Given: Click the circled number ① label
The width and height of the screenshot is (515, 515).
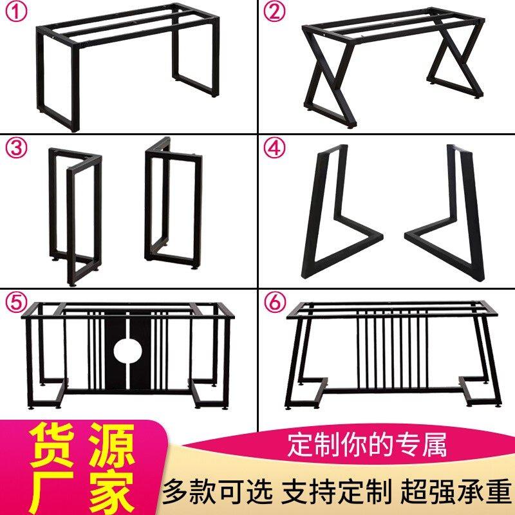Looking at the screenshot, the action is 15,12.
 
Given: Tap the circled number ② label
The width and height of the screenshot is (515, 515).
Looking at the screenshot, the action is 274,12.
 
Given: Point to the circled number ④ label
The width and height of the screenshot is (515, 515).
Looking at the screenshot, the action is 274,149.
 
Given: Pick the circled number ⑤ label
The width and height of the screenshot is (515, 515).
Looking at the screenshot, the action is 15,301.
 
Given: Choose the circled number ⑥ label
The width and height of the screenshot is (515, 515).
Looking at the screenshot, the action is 274,301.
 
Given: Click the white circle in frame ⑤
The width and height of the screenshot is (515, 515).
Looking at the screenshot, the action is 127,350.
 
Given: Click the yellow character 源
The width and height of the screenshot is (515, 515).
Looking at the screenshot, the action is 111,445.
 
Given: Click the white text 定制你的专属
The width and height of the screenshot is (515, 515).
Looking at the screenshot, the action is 367,445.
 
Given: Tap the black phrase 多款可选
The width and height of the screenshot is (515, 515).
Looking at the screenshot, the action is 218,492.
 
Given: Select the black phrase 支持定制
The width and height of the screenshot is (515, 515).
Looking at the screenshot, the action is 336,492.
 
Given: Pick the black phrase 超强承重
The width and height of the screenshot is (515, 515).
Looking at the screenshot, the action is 456,492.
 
